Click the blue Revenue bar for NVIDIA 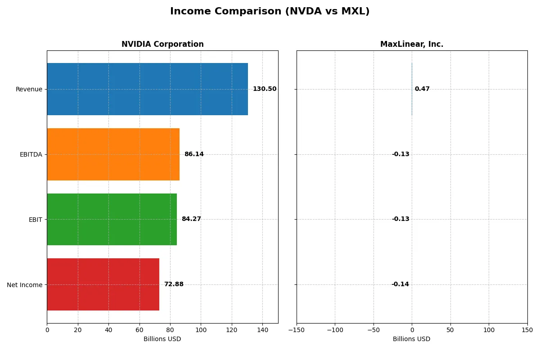pos(147,89)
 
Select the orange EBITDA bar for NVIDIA pos(113,154)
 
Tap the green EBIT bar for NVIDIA pos(112,219)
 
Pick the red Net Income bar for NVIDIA pos(103,284)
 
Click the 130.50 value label pos(265,89)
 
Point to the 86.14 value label pos(194,154)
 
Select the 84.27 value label pos(191,219)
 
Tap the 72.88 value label pos(174,284)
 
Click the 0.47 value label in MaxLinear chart pos(422,89)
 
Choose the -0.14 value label pos(400,284)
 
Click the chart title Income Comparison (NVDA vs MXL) pos(270,12)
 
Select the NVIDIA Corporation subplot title pos(162,45)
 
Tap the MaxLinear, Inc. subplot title pos(412,45)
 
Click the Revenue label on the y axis pos(29,89)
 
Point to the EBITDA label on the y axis pos(31,154)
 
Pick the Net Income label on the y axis pos(25,284)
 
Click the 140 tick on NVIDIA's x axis pos(262,330)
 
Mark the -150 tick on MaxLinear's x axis pos(297,330)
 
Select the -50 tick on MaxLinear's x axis pos(373,330)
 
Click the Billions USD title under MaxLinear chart pos(412,339)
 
